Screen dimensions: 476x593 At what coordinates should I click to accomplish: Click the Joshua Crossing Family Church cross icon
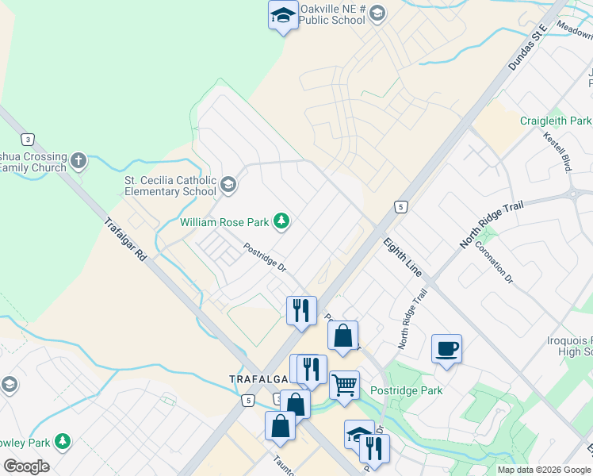coord(78,162)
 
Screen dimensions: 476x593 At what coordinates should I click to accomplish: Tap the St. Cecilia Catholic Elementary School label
coord(170,186)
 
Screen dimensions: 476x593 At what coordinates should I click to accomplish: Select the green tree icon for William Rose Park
coord(281,220)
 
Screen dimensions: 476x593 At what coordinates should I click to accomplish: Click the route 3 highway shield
coord(28,140)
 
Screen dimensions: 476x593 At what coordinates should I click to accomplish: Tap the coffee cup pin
coord(447,348)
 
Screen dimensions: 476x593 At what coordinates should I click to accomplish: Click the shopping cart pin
coord(344,386)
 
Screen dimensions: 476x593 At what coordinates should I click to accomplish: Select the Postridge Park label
coord(407,390)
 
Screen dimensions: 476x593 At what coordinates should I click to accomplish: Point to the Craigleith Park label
coord(556,121)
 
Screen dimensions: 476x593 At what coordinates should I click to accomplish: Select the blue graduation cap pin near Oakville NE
coord(283,15)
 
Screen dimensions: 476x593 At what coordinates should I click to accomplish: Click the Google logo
coord(26,466)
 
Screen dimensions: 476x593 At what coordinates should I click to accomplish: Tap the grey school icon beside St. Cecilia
coord(228,185)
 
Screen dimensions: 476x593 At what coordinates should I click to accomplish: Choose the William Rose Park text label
coord(225,223)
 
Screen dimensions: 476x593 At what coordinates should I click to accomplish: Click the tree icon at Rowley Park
coord(62,441)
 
